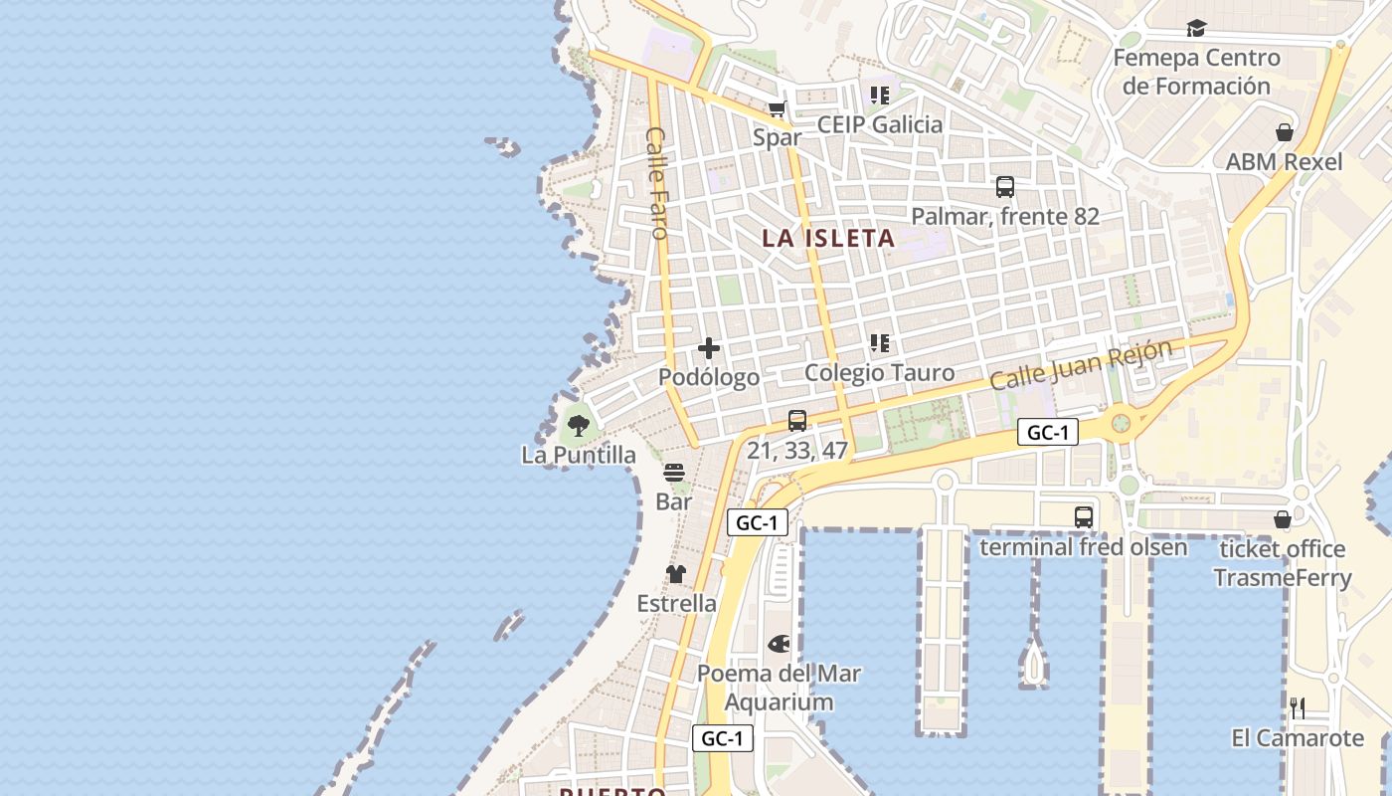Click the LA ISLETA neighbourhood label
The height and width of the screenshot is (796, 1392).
(x=828, y=239)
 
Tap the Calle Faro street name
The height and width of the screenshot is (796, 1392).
(x=657, y=182)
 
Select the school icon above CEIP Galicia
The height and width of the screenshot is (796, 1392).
(x=880, y=96)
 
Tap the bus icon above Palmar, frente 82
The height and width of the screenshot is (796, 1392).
(x=1005, y=187)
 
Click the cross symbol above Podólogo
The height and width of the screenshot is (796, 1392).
(x=709, y=348)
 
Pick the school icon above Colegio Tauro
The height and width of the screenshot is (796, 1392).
(x=880, y=343)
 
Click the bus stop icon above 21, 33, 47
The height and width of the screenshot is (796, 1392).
(x=797, y=421)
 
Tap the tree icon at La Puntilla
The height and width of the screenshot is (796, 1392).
(x=579, y=427)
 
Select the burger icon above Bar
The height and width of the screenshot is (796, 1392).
(x=674, y=472)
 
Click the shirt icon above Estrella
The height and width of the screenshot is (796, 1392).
(x=676, y=574)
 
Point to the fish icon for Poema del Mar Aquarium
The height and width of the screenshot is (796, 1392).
(x=779, y=644)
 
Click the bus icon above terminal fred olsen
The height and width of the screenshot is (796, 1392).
(x=1084, y=517)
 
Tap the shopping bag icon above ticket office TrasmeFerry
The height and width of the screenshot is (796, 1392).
(x=1283, y=519)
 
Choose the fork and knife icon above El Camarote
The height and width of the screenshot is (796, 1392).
(x=1298, y=708)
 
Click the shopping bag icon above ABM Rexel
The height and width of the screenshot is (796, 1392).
(x=1285, y=132)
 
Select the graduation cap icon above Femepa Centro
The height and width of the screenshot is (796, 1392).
(x=1196, y=29)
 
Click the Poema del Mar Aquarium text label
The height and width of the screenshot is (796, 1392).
(x=779, y=688)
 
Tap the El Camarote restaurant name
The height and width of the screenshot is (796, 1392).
(x=1298, y=738)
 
